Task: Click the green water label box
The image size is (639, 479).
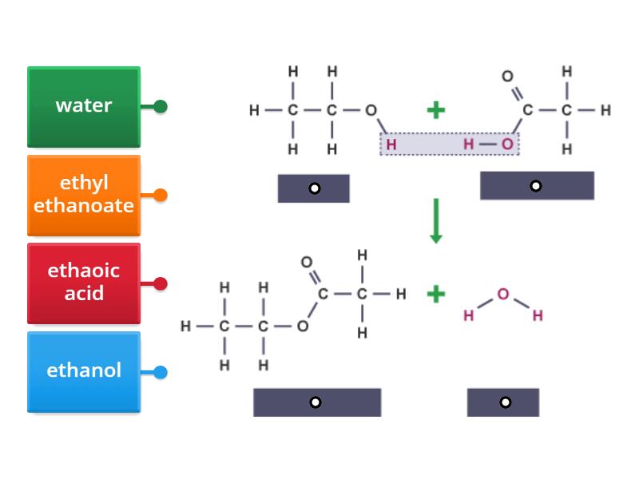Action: click(x=84, y=106)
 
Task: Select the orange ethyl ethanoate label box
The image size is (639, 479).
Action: click(x=84, y=195)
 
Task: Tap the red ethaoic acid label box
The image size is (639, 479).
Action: click(x=84, y=283)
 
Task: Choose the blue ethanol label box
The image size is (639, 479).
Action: click(x=84, y=371)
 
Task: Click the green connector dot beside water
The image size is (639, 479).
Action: click(x=161, y=106)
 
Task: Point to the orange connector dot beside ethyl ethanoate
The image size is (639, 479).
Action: click(x=161, y=195)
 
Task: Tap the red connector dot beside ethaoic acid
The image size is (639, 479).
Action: click(x=161, y=283)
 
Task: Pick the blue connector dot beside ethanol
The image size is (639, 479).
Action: click(x=161, y=372)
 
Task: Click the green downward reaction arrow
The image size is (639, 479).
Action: click(x=435, y=221)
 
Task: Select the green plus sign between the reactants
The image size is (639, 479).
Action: click(x=435, y=110)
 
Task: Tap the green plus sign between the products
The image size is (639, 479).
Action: click(x=435, y=294)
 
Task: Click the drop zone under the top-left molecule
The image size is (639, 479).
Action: click(x=314, y=188)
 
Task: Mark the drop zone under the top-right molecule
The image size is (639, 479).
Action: click(x=536, y=186)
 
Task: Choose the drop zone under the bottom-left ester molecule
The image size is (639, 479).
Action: click(x=316, y=402)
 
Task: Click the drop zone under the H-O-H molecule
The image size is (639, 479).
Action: click(x=503, y=402)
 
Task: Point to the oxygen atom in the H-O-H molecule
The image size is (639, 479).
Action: click(x=503, y=294)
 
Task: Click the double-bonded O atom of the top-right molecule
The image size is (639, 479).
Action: click(x=507, y=77)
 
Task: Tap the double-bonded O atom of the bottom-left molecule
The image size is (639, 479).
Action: click(x=306, y=262)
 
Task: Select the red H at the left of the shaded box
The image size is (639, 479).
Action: click(x=391, y=144)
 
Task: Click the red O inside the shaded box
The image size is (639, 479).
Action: click(x=508, y=144)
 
